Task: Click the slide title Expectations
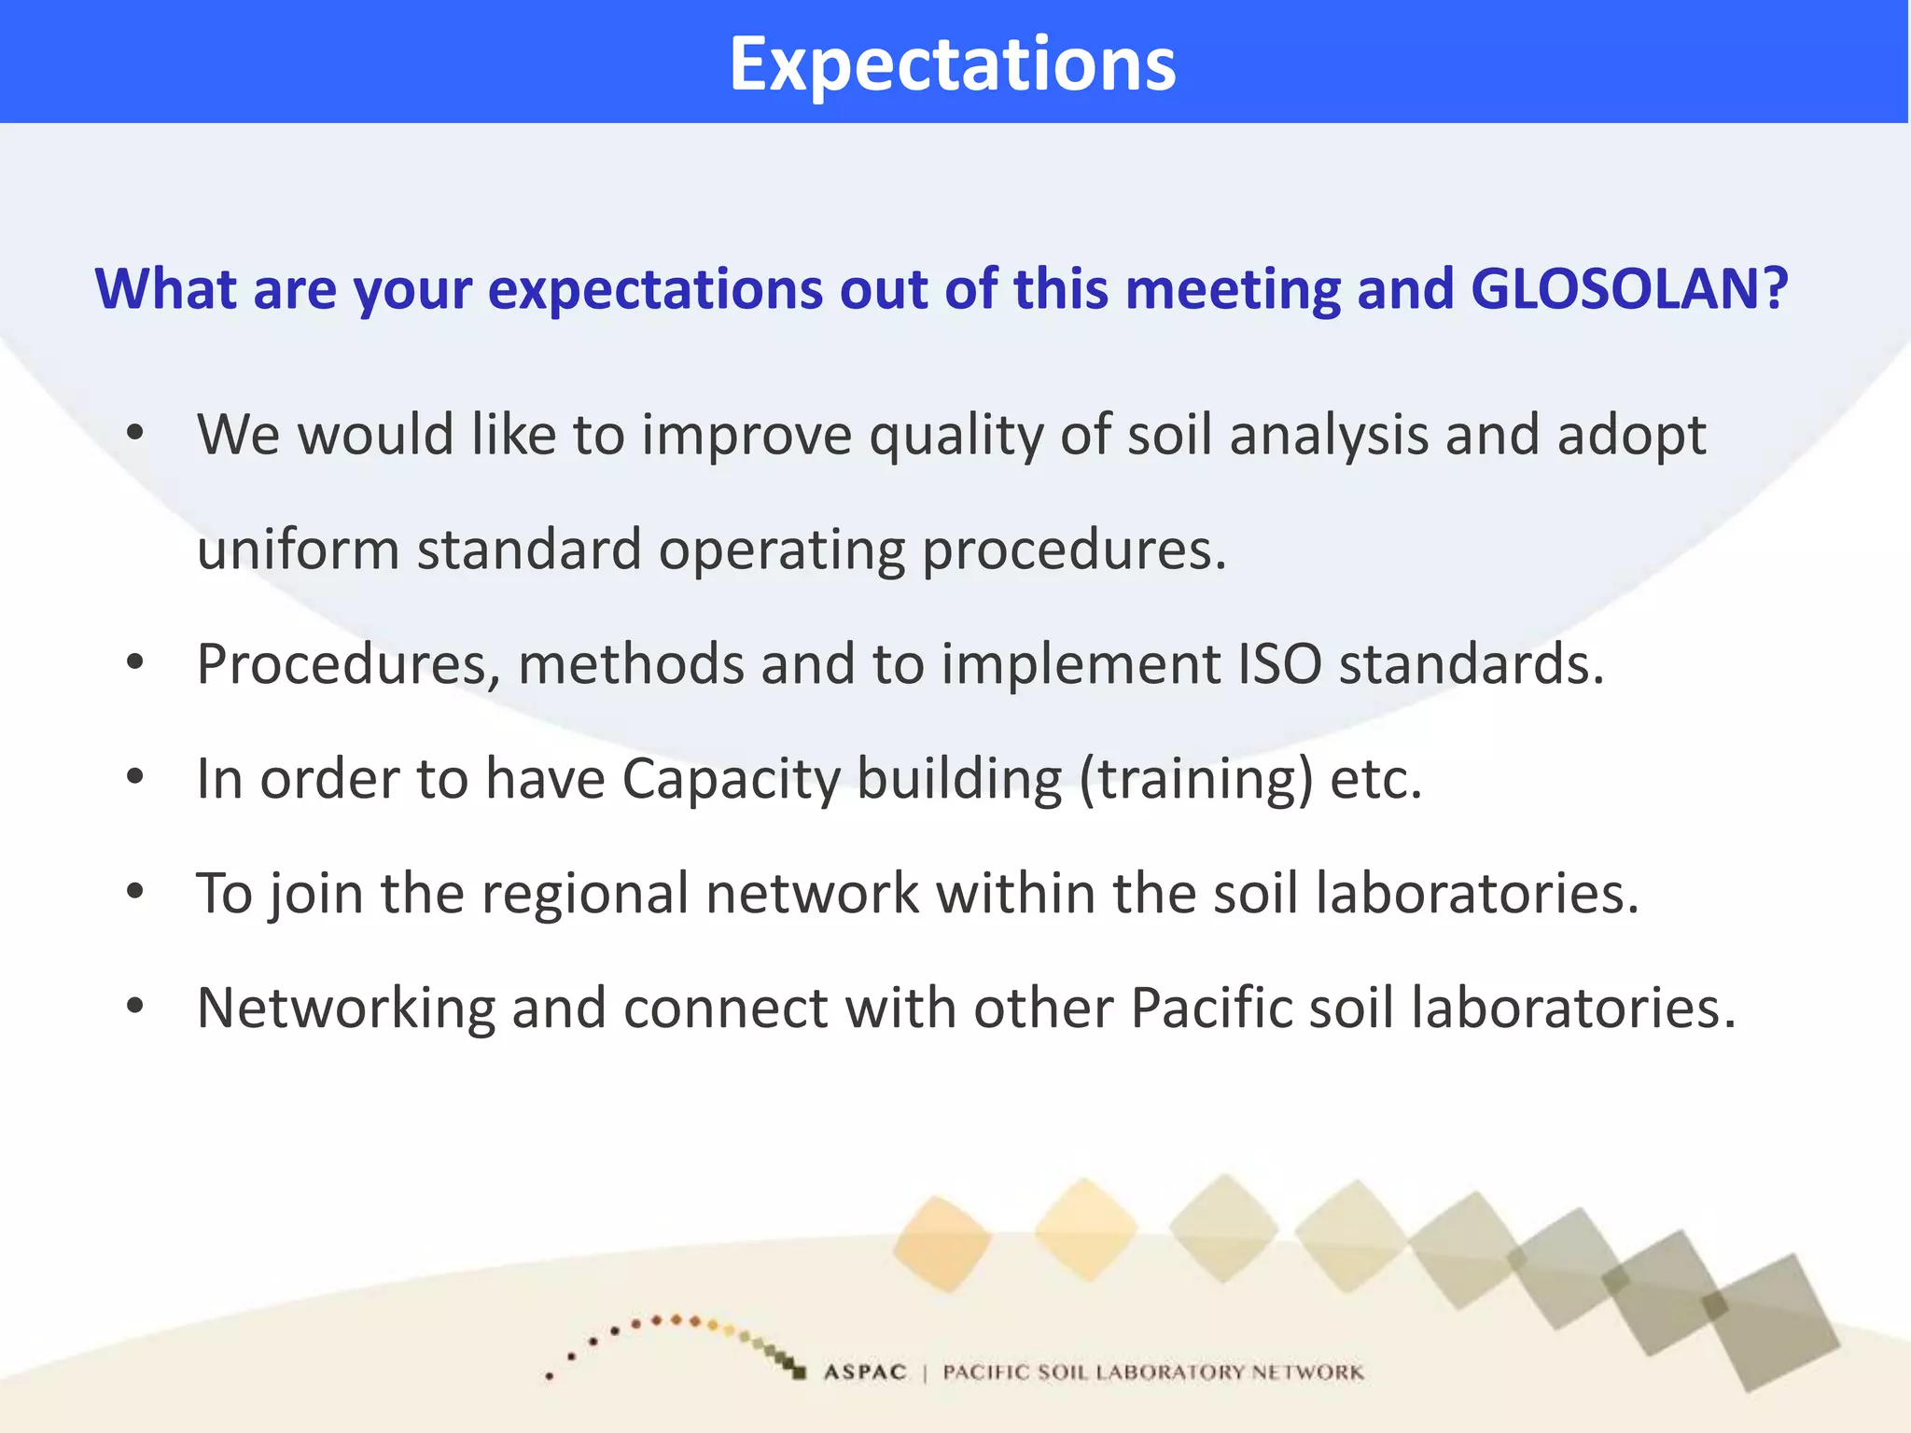pos(953,63)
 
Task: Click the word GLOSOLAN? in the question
pos(1629,288)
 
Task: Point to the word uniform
pos(298,550)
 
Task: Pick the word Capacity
pos(731,779)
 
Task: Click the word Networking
pos(346,1009)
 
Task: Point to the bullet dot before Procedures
pos(136,663)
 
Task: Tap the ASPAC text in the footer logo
pos(865,1372)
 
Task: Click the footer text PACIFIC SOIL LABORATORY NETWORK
pos(1152,1372)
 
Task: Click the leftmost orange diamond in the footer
pos(942,1244)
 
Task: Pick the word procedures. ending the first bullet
pos(1074,551)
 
